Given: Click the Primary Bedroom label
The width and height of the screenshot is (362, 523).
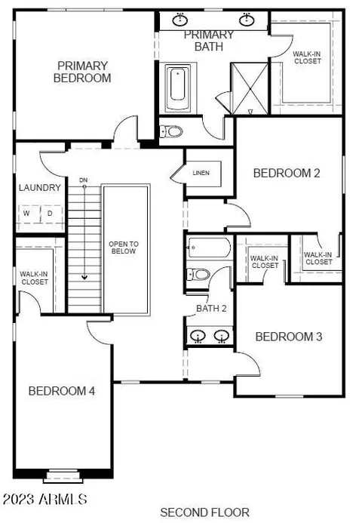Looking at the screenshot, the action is (x=82, y=72).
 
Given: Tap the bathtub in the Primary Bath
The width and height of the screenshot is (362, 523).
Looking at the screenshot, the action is (x=178, y=88).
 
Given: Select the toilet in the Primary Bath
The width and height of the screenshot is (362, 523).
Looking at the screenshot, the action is (x=171, y=131).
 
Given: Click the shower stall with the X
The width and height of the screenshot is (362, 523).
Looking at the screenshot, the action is (x=250, y=89).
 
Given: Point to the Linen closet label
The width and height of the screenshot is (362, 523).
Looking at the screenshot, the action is (x=201, y=173).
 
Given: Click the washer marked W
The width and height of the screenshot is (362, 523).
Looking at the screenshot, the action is (x=26, y=213).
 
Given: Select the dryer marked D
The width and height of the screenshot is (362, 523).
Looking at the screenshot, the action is (x=50, y=213).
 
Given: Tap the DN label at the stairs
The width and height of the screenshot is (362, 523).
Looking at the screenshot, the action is (x=83, y=180).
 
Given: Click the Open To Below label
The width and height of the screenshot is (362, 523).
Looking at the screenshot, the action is (x=124, y=248).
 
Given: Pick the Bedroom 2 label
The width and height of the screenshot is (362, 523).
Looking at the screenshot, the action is (x=287, y=173).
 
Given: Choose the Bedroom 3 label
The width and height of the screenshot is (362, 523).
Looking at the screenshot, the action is (x=289, y=337).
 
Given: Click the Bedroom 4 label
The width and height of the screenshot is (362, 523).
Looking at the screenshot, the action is (x=62, y=391).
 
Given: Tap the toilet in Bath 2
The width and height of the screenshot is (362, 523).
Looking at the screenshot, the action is (x=198, y=275).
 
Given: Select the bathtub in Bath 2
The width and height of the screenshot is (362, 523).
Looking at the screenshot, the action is (x=209, y=248).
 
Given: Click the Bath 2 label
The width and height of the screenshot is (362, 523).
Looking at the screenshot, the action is (x=211, y=309).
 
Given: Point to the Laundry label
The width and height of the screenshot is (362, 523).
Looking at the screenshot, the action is (x=40, y=188).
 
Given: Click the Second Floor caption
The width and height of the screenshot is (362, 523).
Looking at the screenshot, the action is (x=204, y=512).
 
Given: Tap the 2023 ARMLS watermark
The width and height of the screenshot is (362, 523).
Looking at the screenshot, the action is (x=45, y=500).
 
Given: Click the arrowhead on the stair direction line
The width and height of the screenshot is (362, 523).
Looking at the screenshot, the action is (x=84, y=277).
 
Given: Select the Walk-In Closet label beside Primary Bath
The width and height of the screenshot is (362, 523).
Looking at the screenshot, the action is (x=308, y=57).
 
